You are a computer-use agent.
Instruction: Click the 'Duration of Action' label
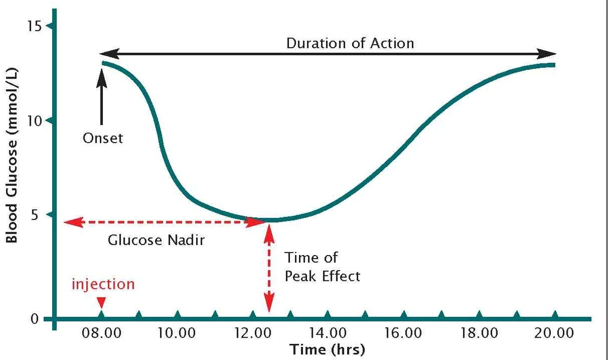click(x=350, y=43)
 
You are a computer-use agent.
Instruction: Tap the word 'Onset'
click(x=103, y=138)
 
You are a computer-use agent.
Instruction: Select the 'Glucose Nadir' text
click(x=156, y=239)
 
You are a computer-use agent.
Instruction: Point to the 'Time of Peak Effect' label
click(x=322, y=267)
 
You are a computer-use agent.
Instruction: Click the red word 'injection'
click(x=103, y=284)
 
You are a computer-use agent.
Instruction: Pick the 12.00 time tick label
click(x=252, y=334)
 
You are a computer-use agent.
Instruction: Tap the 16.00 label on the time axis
click(x=403, y=334)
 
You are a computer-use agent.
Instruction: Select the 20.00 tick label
click(x=555, y=334)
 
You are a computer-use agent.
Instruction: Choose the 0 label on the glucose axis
click(x=34, y=319)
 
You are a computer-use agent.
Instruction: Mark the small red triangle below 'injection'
click(x=101, y=303)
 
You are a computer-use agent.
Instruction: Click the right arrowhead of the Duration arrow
click(x=548, y=54)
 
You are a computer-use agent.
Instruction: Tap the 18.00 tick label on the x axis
click(x=479, y=334)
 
